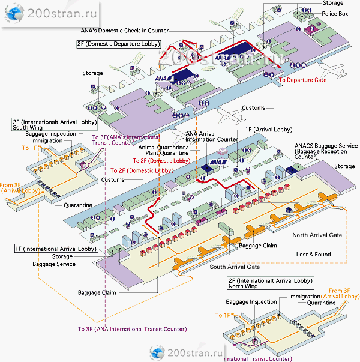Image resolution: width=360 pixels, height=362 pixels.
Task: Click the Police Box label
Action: coord(335,13)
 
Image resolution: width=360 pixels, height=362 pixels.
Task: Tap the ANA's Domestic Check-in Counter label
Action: coord(124,31)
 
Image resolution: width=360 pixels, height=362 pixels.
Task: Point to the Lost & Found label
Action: coord(313,255)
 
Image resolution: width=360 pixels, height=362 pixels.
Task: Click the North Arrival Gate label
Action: coord(317,235)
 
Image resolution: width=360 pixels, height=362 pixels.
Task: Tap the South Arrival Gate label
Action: coord(235,267)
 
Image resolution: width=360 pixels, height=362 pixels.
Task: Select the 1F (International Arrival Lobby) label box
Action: coord(55,249)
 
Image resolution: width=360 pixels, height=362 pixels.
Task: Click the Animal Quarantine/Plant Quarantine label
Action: coord(164,150)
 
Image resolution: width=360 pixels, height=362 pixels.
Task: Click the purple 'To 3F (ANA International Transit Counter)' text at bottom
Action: coord(132,329)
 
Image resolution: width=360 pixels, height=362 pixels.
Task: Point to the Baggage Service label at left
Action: coord(54,264)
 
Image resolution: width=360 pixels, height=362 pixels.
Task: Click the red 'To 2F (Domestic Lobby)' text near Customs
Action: coord(142,170)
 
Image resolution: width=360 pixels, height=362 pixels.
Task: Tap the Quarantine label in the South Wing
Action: coord(78,205)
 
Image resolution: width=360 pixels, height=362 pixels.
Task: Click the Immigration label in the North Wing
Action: coord(305,297)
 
